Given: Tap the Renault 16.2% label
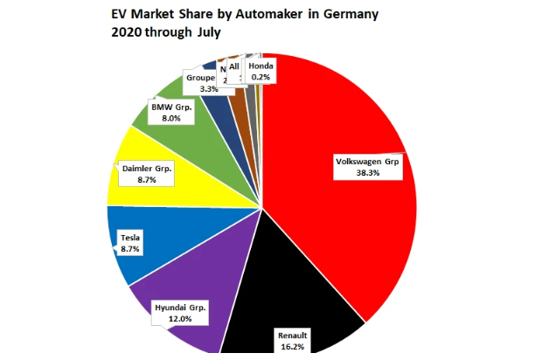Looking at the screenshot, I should tap(292, 340).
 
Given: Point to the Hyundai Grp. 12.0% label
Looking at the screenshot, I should tap(183, 313).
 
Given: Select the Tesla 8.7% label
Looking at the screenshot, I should tap(131, 242).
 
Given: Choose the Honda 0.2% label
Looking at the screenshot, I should tap(260, 72).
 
